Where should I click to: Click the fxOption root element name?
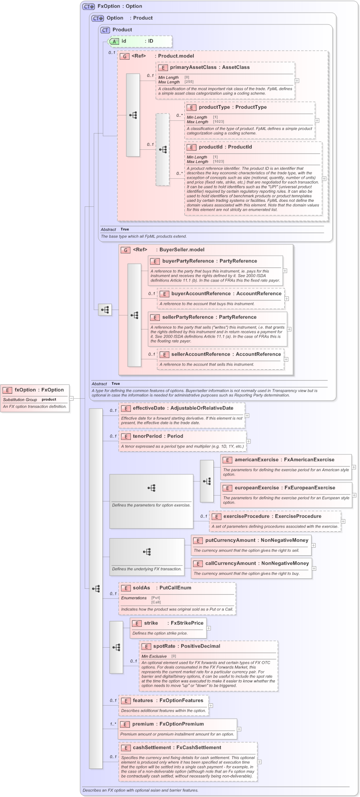(25, 390)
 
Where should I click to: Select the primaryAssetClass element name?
(193, 67)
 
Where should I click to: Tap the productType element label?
(214, 107)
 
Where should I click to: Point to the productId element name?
(210, 147)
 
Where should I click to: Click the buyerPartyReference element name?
(188, 261)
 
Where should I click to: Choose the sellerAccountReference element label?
(200, 354)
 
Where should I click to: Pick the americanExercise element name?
(256, 460)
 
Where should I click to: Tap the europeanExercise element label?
(257, 488)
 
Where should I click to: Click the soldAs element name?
(141, 588)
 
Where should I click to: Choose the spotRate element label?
(164, 646)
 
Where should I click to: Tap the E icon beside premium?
(125, 725)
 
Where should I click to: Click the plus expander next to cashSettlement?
(259, 762)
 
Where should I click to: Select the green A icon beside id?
(115, 41)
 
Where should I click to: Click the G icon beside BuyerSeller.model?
(125, 250)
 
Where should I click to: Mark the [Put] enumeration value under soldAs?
(155, 598)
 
